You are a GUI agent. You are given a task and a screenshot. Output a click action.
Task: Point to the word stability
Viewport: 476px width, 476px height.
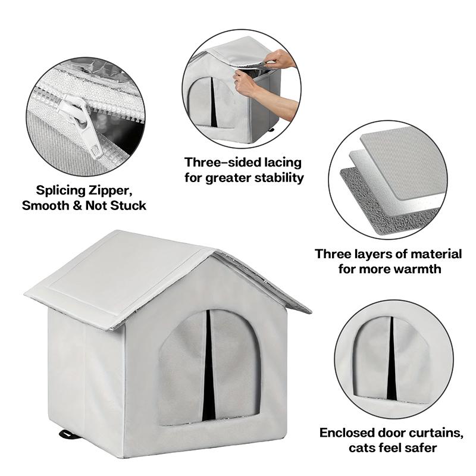tap(277, 178)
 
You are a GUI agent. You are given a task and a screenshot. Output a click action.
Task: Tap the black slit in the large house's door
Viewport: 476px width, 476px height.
tap(208, 369)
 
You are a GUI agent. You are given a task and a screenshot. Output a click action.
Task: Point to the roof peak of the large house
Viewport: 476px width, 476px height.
tap(213, 252)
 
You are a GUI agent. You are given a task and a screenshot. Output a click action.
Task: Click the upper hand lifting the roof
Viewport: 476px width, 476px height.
tap(280, 59)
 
